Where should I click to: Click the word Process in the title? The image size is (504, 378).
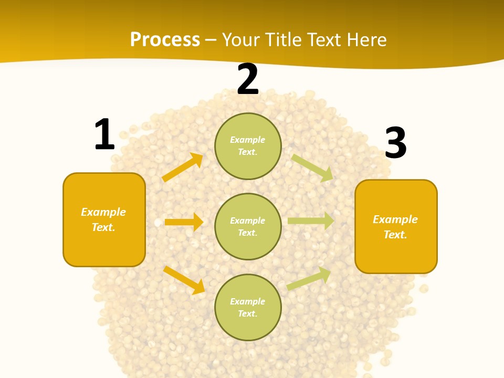(x=165, y=40)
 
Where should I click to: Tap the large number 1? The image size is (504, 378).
(x=104, y=134)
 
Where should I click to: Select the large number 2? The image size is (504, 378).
(x=248, y=80)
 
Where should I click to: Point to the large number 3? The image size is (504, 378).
(x=396, y=143)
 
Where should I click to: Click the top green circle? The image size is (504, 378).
(x=248, y=146)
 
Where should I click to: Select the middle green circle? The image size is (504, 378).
(x=248, y=227)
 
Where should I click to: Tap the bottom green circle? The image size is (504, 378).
(x=248, y=308)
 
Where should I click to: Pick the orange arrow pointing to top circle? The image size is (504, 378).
(x=182, y=167)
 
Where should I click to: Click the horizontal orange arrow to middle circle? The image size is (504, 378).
(x=184, y=222)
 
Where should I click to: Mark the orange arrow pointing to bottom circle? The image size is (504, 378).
(x=184, y=280)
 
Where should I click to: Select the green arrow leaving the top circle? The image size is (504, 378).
(x=312, y=167)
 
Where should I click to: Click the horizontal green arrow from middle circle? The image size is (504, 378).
(x=311, y=220)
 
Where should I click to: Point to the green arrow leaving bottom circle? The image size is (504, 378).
(x=309, y=278)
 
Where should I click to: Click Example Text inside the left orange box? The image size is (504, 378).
(x=103, y=219)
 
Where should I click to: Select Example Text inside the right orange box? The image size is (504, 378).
(x=395, y=227)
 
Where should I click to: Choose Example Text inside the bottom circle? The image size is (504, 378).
(x=248, y=308)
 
